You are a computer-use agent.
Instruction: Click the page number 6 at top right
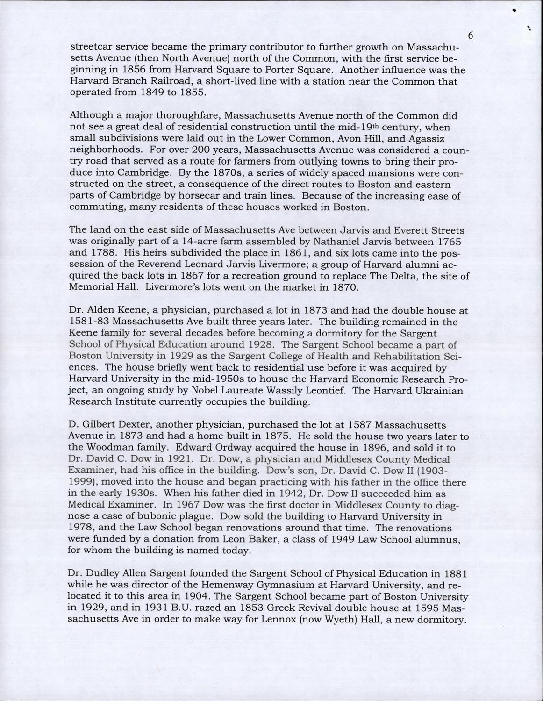(471, 36)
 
